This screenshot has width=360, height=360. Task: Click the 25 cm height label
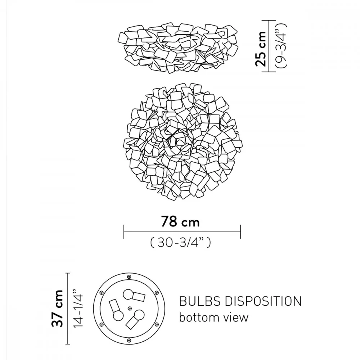tap(261, 49)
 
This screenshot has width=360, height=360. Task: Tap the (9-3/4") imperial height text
tap(281, 46)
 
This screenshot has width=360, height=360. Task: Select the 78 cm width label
tap(180, 221)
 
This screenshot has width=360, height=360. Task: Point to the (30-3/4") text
tap(180, 242)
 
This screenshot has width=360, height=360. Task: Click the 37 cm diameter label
tap(57, 308)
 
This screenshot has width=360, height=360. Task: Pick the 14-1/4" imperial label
tap(77, 309)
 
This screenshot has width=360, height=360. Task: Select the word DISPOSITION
tap(263, 301)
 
